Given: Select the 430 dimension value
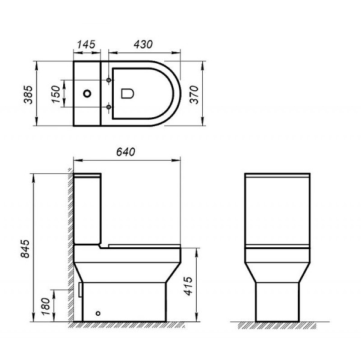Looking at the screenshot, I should click(142, 44).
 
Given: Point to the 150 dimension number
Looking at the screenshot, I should click(56, 94).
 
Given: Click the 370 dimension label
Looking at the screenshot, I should click(194, 93).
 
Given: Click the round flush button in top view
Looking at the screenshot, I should click(88, 94).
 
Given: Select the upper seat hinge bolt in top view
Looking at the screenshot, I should click(108, 79).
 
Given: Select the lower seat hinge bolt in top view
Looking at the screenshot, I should click(108, 108).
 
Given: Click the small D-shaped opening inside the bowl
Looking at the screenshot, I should click(127, 94).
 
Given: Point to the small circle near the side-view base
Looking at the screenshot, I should click(99, 313).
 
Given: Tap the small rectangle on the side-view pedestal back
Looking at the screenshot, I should click(80, 289).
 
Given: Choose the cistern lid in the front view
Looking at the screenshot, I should click(277, 176).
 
